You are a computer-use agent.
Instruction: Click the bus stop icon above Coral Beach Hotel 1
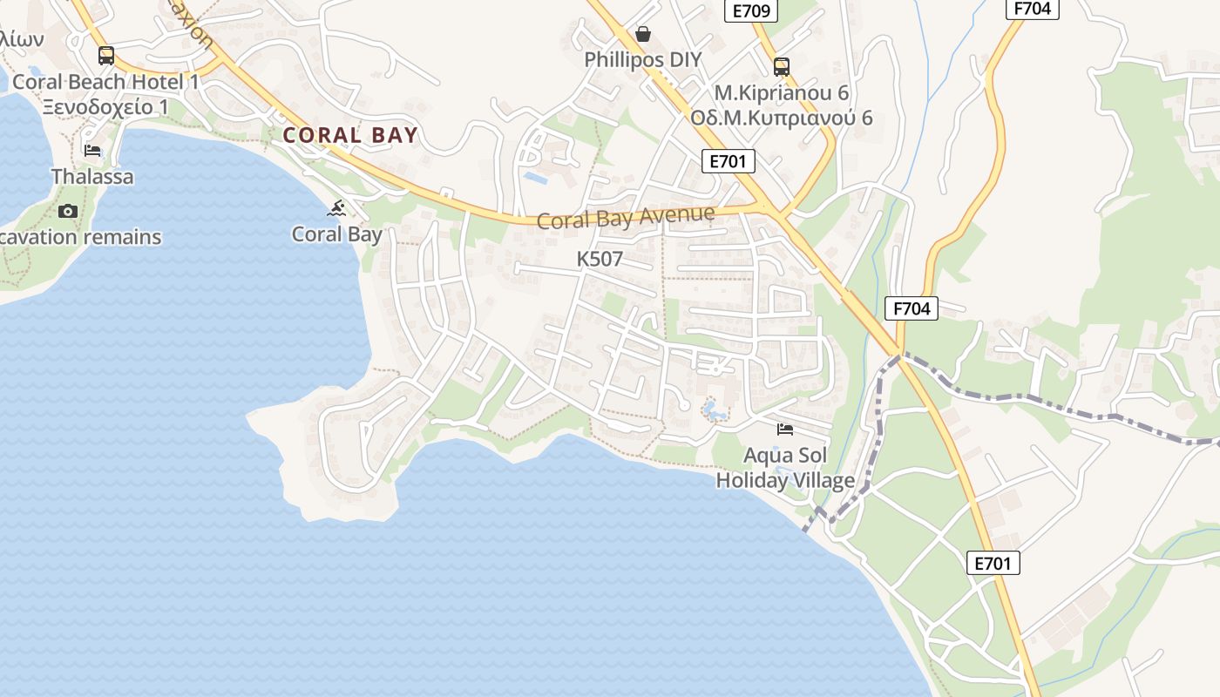[106, 56]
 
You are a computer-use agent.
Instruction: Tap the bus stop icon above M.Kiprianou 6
[781, 66]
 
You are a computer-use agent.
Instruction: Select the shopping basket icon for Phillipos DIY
[643, 35]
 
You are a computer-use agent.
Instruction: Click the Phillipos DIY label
[643, 60]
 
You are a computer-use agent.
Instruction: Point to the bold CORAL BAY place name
[350, 135]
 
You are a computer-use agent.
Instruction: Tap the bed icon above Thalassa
[92, 151]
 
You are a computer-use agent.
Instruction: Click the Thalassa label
[92, 177]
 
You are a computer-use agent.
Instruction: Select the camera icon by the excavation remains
[67, 211]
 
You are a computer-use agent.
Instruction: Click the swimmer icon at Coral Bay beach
[337, 208]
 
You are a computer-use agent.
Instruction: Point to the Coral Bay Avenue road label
[626, 217]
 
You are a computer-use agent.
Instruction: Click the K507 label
[600, 259]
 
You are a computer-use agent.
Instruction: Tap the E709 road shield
[750, 11]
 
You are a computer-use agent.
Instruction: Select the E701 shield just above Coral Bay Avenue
[728, 161]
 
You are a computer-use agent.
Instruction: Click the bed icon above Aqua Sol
[785, 430]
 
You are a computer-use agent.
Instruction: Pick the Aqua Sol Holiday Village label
[785, 468]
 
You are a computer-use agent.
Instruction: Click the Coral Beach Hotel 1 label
[106, 83]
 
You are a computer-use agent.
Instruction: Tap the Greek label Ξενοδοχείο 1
[106, 107]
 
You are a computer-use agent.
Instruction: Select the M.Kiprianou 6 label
[781, 92]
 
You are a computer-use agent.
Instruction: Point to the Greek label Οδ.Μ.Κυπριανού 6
[781, 118]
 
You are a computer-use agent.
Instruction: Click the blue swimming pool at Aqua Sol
[715, 410]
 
